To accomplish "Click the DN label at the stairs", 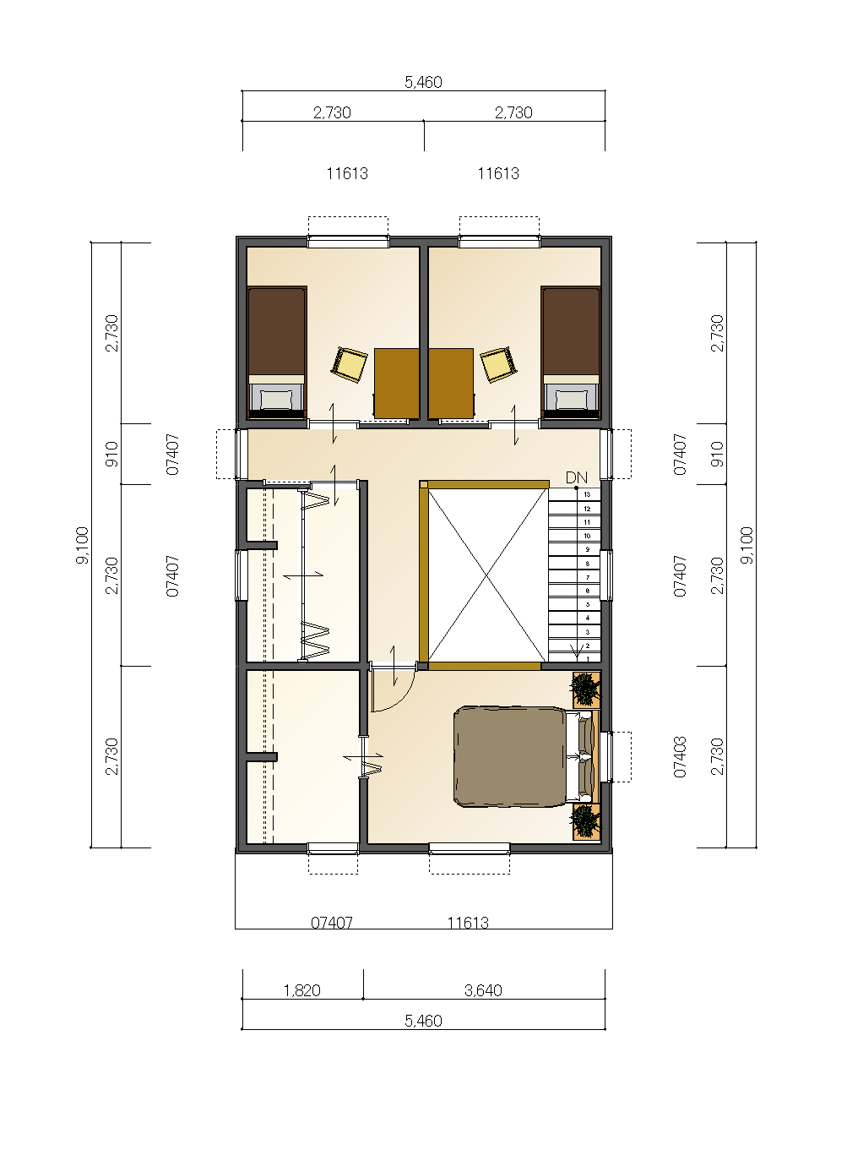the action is click(576, 477).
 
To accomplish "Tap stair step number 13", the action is click(587, 494).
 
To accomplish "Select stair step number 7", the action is click(588, 577).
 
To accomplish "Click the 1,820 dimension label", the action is click(302, 990).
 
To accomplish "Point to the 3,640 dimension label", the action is click(483, 990).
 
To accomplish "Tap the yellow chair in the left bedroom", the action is click(350, 364).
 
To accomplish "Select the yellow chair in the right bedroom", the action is click(498, 364).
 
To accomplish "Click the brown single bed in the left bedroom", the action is click(276, 352).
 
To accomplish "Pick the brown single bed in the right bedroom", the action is click(571, 352).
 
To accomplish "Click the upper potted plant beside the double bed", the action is click(585, 689).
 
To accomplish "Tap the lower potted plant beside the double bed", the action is click(585, 822).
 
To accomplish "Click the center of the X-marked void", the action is click(486, 575).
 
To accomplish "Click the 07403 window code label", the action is click(680, 757).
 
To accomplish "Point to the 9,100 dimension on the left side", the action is click(82, 545).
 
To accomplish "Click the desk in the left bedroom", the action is click(397, 384).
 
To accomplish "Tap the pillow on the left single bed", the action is click(276, 399).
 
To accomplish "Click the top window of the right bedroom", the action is click(499, 242).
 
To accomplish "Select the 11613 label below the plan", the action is click(468, 923).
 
